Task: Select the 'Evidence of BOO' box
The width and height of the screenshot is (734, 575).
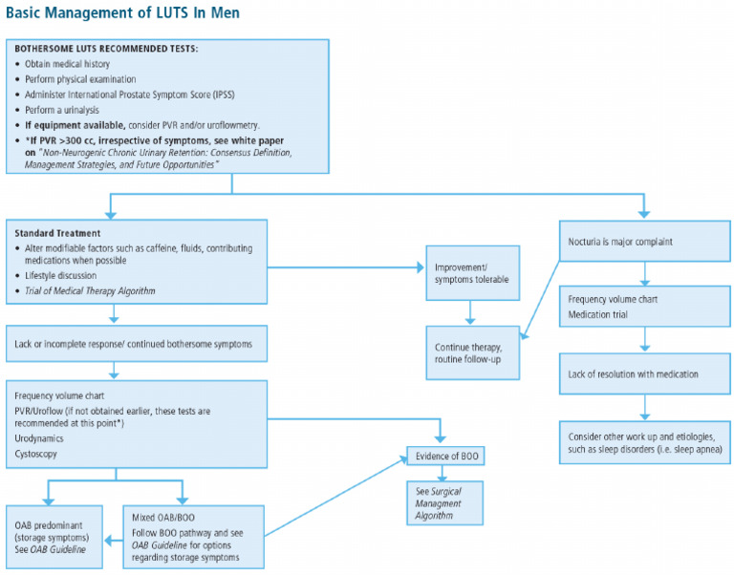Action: click(x=445, y=456)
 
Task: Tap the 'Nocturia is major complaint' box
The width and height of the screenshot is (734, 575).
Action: click(x=645, y=243)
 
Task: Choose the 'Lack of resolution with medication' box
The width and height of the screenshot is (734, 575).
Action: click(x=645, y=373)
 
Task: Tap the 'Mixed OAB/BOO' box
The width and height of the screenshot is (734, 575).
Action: click(x=192, y=534)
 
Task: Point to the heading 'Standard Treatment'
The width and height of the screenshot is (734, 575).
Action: click(x=56, y=233)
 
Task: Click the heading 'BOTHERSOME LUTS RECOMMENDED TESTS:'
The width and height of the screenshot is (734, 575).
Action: click(x=106, y=50)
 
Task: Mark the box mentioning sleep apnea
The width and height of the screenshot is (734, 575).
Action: click(x=645, y=438)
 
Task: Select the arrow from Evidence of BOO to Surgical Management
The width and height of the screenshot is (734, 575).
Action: click(x=445, y=473)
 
